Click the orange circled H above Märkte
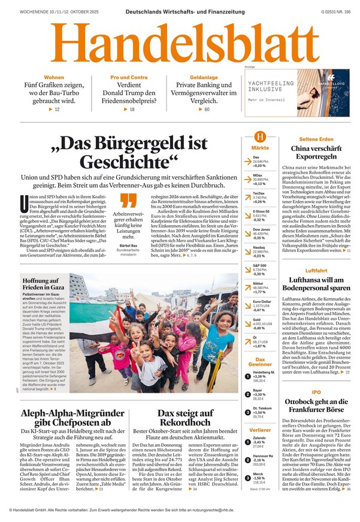pyautogui.click(x=260, y=136)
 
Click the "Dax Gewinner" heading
pyautogui.click(x=260, y=362)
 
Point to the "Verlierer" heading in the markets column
pyautogui.click(x=260, y=430)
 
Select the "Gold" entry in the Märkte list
pyautogui.click(x=256, y=321)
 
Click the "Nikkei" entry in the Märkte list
pyautogui.click(x=258, y=284)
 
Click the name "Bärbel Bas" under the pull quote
pyautogui.click(x=129, y=246)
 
